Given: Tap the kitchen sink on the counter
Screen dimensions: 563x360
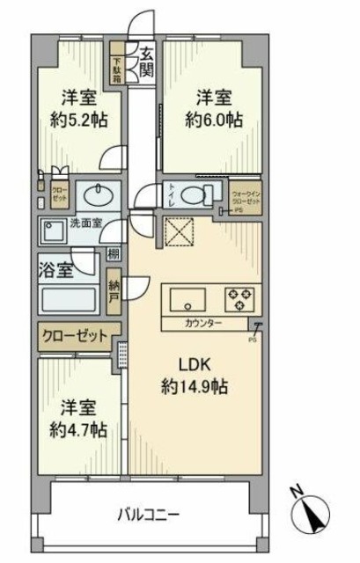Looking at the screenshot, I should (x=186, y=298).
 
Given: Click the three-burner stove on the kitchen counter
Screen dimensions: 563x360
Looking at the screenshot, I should (x=239, y=299).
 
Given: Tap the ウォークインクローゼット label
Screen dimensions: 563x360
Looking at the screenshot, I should (x=244, y=196).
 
